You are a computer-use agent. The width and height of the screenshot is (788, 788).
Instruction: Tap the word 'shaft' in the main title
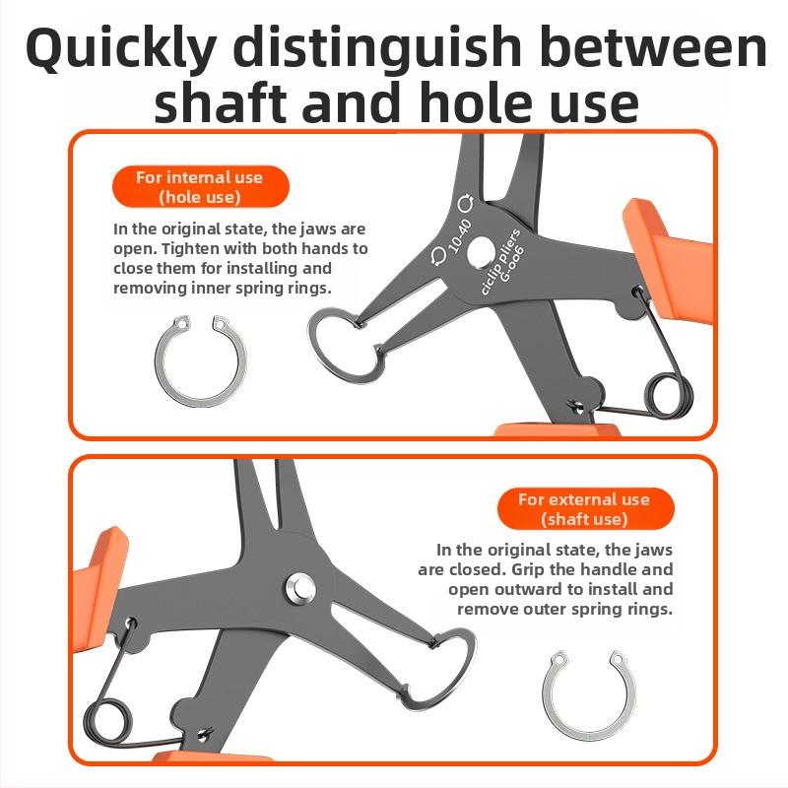point(221,102)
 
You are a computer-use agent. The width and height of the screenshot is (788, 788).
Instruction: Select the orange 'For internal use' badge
point(201,186)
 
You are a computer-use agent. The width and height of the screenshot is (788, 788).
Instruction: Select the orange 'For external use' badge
point(585,508)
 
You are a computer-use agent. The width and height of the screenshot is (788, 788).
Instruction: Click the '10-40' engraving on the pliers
point(459,235)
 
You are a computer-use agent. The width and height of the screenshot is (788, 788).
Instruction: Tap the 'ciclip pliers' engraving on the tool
point(500,260)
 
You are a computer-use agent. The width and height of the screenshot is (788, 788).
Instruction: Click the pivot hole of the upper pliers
point(480,252)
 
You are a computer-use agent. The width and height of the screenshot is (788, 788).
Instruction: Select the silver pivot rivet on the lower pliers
point(301,587)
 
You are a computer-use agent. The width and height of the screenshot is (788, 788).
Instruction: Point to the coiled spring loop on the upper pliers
point(668,397)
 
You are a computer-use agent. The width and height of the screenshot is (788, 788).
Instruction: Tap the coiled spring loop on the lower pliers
point(107,722)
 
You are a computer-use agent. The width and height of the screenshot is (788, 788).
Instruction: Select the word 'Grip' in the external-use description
point(528,569)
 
